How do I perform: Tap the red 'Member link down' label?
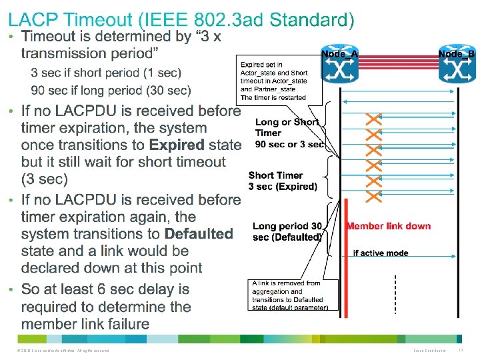388,226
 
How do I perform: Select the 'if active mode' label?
381,253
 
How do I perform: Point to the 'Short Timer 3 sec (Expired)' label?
283,181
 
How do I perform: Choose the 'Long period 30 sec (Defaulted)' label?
287,231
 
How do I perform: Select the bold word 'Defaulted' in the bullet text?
199,234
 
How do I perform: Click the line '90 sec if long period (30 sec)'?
111,90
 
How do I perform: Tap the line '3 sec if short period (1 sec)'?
105,72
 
